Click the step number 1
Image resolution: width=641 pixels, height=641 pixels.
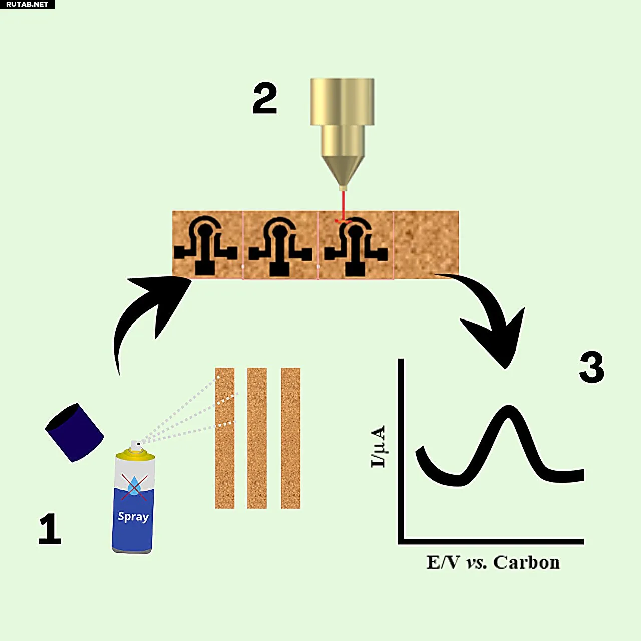(50, 529)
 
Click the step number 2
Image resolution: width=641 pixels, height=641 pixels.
(265, 98)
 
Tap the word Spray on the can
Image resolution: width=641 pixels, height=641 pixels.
(133, 516)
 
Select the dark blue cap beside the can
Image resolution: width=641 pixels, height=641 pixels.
(74, 432)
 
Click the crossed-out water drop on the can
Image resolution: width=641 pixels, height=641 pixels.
(134, 486)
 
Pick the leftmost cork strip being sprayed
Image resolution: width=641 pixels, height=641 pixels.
(225, 438)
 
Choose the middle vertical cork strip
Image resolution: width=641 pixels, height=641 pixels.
(257, 438)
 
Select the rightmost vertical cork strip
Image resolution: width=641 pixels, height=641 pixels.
(290, 438)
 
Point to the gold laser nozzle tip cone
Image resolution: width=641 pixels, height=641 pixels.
(343, 170)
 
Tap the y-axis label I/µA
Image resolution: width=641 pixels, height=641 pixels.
(378, 446)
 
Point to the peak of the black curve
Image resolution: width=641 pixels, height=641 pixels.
(508, 408)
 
